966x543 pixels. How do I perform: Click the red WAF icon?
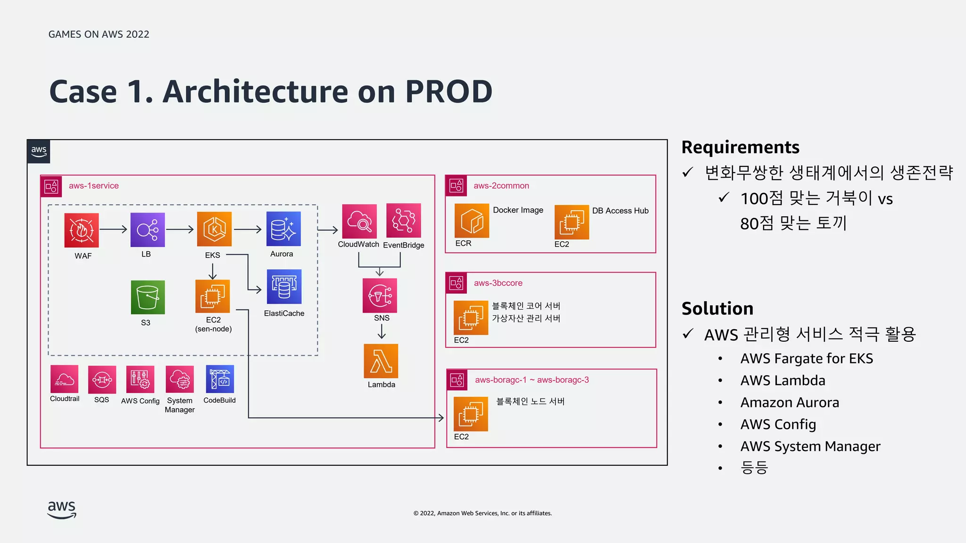(82, 230)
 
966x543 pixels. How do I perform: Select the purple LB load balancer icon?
(148, 230)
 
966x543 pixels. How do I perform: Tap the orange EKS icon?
(214, 229)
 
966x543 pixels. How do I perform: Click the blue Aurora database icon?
(283, 229)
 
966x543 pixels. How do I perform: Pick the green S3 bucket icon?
(148, 297)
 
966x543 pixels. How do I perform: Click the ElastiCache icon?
(284, 287)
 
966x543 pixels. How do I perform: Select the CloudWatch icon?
(359, 221)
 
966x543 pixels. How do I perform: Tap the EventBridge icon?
(403, 220)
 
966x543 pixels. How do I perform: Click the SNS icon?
(380, 296)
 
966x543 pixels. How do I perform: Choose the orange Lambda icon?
(381, 361)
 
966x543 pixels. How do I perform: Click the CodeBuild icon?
(220, 379)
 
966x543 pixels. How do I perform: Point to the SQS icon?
(102, 379)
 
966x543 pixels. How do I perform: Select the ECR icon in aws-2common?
(472, 221)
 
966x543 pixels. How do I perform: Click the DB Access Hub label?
(620, 211)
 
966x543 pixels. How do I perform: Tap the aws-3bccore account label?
(498, 283)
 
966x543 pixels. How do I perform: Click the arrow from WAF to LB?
(114, 230)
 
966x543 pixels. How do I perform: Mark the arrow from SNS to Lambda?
(382, 332)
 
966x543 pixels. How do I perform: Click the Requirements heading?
(740, 148)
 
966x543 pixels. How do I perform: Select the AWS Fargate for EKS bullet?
(807, 359)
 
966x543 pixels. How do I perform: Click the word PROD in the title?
(449, 91)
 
